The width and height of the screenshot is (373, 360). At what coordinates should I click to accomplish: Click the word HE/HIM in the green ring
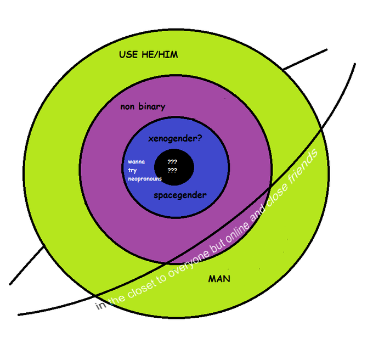click(163, 55)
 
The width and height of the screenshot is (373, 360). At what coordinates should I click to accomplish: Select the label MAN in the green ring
click(219, 279)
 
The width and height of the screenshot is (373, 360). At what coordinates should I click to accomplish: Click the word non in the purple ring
click(128, 106)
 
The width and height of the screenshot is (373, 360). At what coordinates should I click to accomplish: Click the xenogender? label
click(175, 139)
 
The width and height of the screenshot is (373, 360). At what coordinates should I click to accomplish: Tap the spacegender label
click(180, 195)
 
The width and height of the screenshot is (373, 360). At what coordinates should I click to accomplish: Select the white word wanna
click(136, 162)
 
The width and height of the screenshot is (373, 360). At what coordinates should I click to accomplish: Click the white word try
click(132, 171)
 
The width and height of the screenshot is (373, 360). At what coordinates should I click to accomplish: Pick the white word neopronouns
click(145, 179)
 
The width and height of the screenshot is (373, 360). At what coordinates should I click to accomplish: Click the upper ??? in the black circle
click(172, 162)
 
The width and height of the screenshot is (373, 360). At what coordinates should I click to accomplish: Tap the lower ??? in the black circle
click(172, 171)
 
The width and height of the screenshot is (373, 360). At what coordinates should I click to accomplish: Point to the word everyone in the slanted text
click(188, 263)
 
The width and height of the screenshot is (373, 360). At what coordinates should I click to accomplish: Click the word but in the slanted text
click(214, 245)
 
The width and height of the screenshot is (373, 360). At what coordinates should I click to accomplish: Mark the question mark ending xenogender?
click(199, 139)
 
